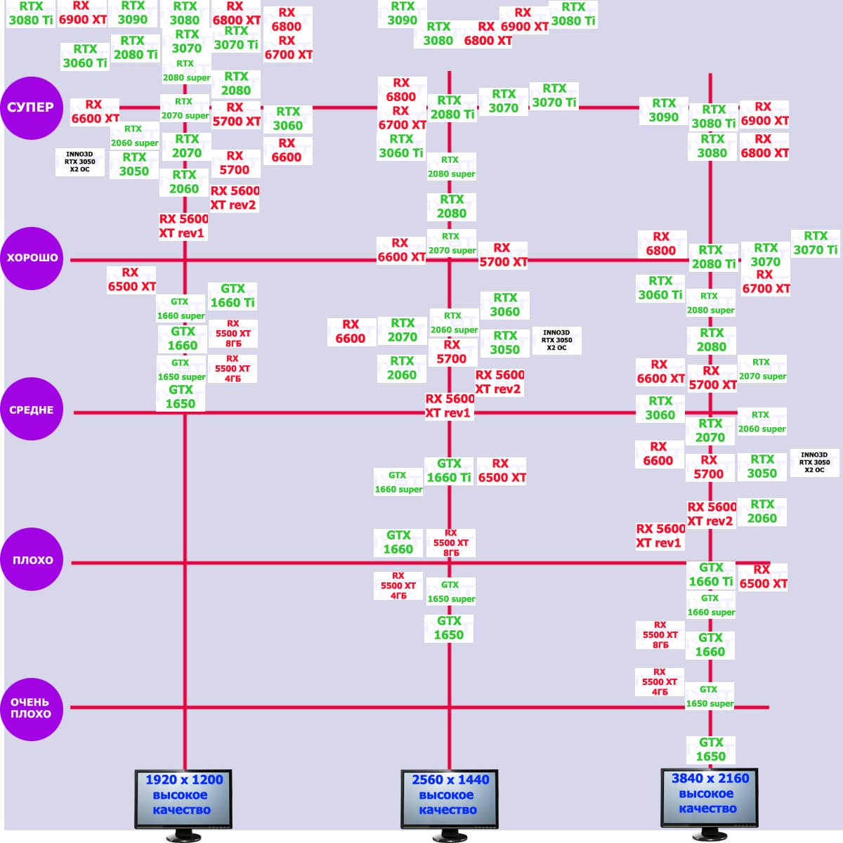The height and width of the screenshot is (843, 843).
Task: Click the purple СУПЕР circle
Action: [32, 107]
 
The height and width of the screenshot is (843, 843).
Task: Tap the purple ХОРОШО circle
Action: [32, 258]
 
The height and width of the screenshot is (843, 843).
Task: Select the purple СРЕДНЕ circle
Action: [32, 410]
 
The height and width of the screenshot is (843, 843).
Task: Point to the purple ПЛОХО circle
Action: [32, 560]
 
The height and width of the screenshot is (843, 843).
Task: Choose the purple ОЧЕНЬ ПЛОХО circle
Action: [32, 708]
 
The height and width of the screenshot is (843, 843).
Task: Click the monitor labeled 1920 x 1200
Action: [183, 797]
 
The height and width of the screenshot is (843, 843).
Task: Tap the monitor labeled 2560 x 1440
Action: [449, 797]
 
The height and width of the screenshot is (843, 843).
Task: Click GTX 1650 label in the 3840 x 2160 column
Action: [711, 749]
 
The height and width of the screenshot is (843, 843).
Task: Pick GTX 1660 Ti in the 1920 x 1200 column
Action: [233, 296]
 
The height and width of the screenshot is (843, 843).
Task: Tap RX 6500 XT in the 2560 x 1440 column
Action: [502, 471]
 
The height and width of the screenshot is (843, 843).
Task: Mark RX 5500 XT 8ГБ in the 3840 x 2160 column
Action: [660, 634]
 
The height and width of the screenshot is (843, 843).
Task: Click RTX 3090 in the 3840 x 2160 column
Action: [663, 110]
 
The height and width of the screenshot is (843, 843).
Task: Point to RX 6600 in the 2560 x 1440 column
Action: [351, 332]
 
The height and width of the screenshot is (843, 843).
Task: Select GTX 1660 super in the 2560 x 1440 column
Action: [398, 482]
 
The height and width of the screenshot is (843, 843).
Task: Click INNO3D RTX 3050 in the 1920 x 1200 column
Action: [79, 161]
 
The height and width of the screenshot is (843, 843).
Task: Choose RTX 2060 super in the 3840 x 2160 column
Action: [762, 422]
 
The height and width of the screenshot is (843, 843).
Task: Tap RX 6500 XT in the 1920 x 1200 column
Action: [131, 280]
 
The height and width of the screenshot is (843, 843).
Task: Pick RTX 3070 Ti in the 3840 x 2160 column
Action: [816, 243]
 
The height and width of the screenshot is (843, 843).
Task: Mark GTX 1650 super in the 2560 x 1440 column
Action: [451, 592]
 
